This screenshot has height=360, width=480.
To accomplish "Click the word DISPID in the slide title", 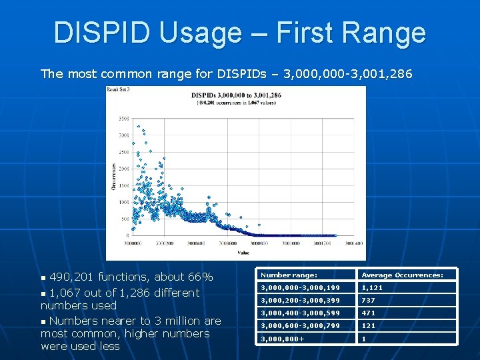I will pyautogui.click(x=101, y=33).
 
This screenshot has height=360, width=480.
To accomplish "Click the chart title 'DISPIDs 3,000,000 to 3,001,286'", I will pyautogui.click(x=236, y=95).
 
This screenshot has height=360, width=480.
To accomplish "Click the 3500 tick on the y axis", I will pyautogui.click(x=124, y=118).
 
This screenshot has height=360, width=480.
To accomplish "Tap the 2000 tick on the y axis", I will pyautogui.click(x=124, y=169).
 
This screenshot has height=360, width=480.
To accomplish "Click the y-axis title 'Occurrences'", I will pyautogui.click(x=114, y=177).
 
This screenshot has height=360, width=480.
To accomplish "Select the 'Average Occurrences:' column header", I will pyautogui.click(x=402, y=275).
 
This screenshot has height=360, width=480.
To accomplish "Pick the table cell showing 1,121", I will pyautogui.click(x=372, y=288).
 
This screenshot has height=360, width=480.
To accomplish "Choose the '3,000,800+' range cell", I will pyautogui.click(x=283, y=339).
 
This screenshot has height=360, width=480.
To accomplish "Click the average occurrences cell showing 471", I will pyautogui.click(x=369, y=313).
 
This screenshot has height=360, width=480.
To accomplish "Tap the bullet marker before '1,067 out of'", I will pyautogui.click(x=45, y=293).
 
